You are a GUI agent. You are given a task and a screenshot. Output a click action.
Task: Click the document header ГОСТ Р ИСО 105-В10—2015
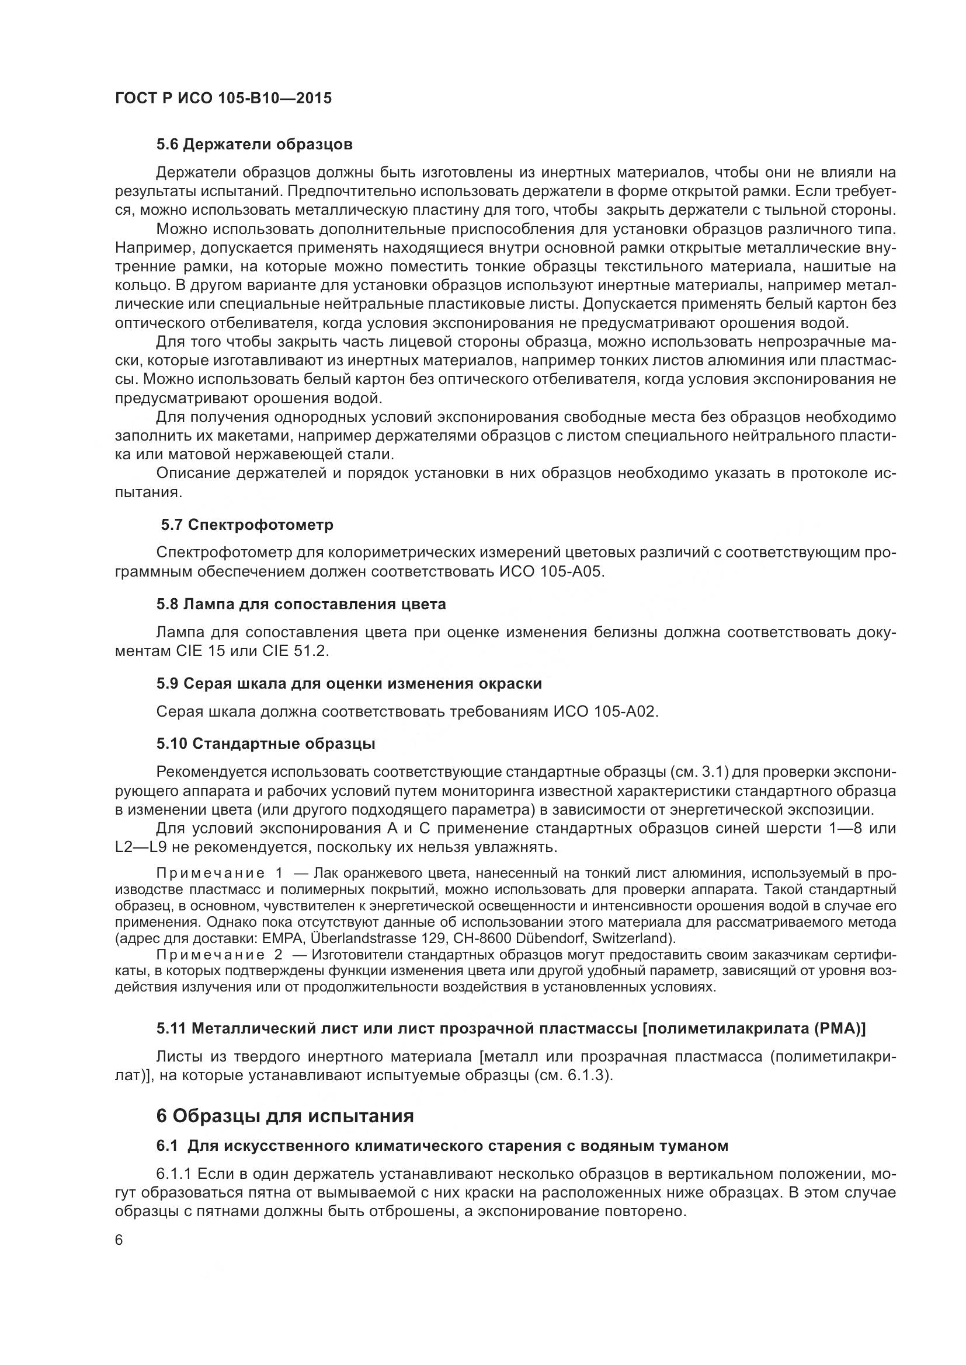(x=223, y=98)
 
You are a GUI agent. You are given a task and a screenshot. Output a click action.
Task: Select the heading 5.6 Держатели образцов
(x=254, y=145)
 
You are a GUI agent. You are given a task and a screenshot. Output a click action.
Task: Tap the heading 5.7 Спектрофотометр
(x=247, y=525)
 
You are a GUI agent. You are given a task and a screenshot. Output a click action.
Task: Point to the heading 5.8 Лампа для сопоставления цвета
(x=301, y=605)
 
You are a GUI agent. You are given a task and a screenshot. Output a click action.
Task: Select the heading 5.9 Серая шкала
(x=349, y=684)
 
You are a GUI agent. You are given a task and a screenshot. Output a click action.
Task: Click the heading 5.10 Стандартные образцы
(x=265, y=743)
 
